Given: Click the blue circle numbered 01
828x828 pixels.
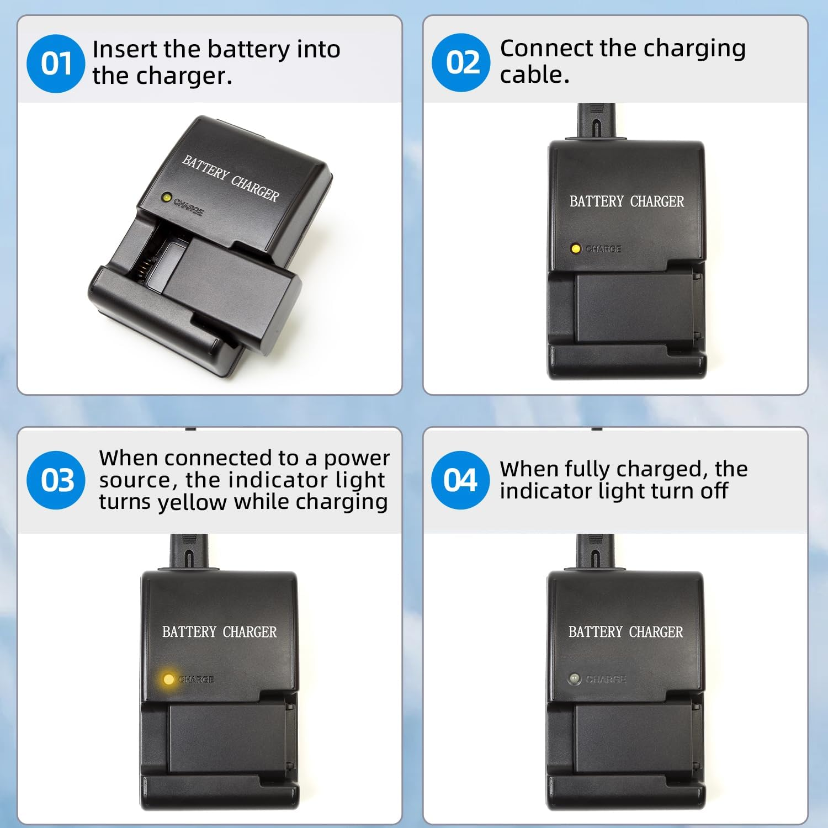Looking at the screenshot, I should click(x=55, y=63).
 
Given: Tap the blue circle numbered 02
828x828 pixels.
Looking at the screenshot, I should click(x=461, y=62).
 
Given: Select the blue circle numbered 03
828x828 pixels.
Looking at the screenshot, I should click(x=56, y=480).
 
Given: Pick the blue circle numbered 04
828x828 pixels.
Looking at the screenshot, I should click(x=460, y=480).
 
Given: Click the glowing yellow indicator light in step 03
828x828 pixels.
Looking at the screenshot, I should click(x=168, y=679).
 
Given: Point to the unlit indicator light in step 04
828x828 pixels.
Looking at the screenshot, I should click(x=574, y=678).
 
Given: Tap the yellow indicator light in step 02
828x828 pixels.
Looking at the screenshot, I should click(x=576, y=248).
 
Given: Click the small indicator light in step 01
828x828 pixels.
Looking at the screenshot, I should click(x=165, y=197).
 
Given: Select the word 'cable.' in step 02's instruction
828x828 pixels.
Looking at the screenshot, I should click(x=534, y=75).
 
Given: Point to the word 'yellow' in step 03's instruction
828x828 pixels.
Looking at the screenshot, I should click(x=192, y=502).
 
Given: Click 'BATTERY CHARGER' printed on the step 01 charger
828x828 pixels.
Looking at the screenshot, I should click(x=231, y=178).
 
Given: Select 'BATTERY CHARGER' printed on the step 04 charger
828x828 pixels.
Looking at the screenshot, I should click(x=625, y=631).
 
